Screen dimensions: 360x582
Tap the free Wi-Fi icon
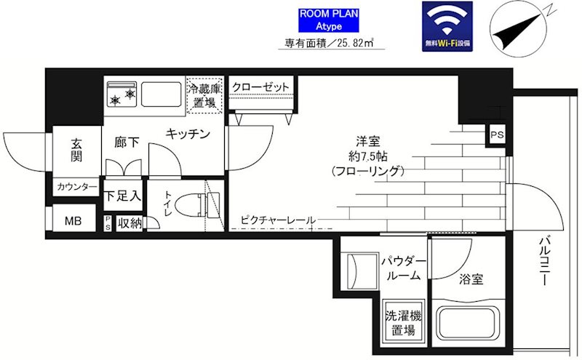[447, 25]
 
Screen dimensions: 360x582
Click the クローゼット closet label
[261, 87]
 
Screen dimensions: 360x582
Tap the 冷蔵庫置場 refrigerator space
[204, 95]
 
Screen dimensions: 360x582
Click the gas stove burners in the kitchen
[122, 95]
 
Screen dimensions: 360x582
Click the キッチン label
[188, 134]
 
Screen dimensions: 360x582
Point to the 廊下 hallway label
[127, 143]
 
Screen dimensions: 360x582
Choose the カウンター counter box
[76, 188]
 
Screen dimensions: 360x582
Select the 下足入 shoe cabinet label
[122, 195]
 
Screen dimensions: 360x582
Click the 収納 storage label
[129, 223]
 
